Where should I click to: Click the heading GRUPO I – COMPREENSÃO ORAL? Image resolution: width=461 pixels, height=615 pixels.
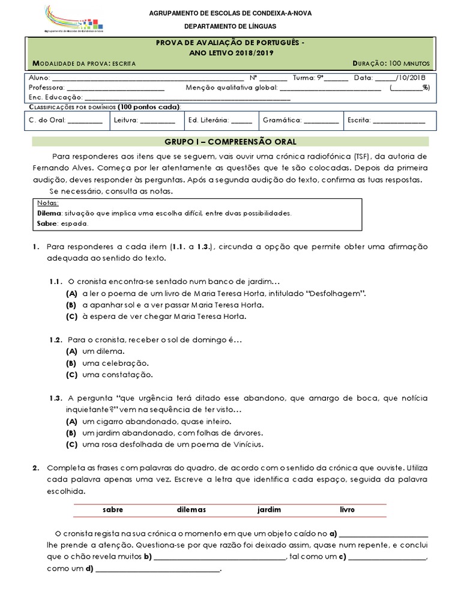point(230,142)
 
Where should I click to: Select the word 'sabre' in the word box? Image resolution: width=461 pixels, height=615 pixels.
point(113,509)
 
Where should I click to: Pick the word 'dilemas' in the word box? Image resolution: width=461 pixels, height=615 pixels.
point(191,509)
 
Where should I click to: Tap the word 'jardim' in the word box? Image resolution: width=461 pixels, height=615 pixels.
point(269,509)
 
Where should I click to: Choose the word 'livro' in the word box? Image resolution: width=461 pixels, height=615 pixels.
point(347,509)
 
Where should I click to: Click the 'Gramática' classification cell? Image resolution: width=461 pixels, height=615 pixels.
point(300,120)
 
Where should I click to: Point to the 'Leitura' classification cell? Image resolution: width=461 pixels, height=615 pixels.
point(144,120)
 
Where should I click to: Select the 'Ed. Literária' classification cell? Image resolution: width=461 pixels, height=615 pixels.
point(220,120)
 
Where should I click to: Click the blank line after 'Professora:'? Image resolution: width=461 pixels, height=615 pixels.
point(114,88)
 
